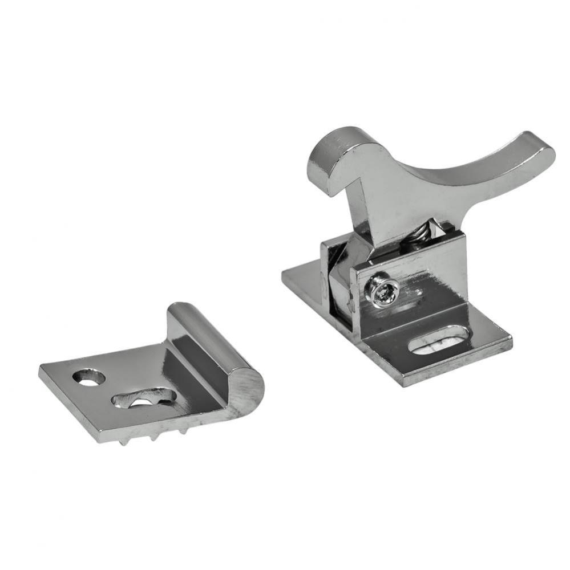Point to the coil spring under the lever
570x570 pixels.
(421, 233)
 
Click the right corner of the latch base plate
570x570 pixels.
(510, 342)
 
